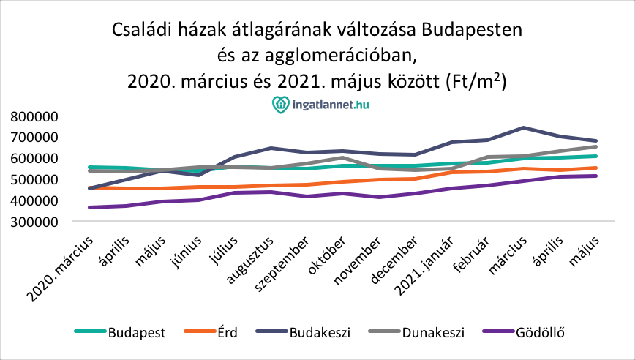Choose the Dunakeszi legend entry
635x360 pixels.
click(432, 332)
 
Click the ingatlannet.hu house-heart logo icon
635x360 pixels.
click(280, 105)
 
